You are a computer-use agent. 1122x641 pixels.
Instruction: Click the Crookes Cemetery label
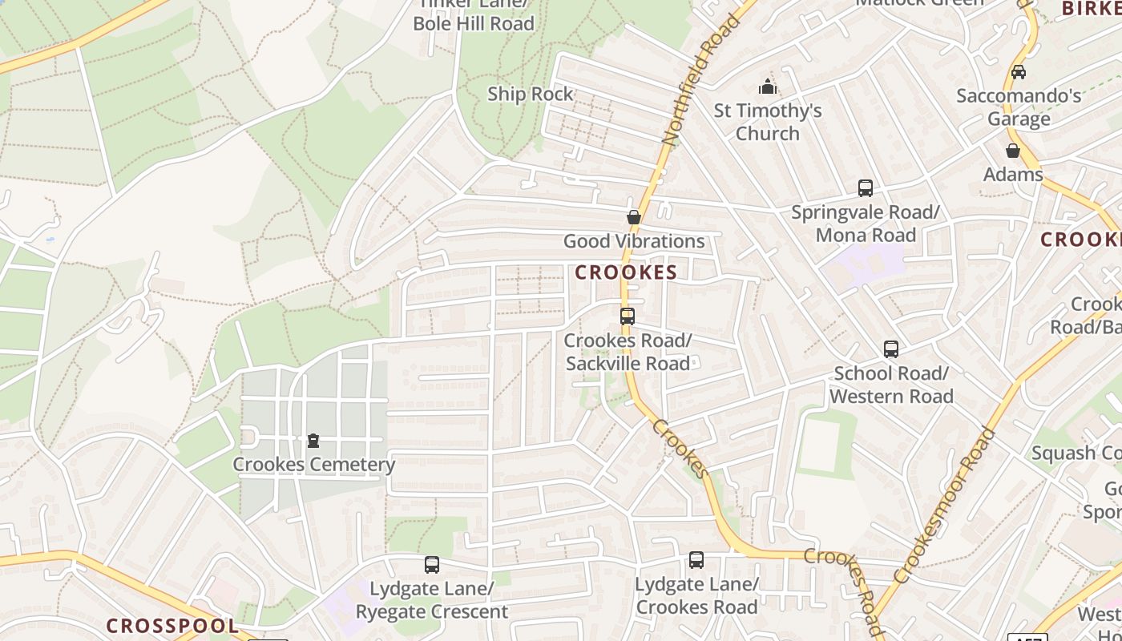pos(313,465)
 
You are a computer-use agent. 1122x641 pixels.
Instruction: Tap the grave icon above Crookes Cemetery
pos(313,441)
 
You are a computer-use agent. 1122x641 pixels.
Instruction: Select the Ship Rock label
pos(531,94)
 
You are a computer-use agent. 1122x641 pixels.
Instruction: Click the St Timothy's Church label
pos(768,122)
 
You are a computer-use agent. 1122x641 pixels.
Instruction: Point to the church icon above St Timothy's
pos(768,87)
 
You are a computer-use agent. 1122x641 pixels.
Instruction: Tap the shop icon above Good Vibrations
pos(634,217)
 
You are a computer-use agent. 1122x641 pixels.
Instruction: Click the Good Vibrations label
pos(634,241)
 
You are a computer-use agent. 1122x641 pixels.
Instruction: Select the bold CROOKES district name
pos(626,272)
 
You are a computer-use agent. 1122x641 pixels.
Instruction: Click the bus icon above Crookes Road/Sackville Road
pos(628,316)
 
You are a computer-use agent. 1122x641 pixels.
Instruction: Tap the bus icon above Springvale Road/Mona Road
pos(866,188)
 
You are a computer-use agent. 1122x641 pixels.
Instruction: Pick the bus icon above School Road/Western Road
pos(891,349)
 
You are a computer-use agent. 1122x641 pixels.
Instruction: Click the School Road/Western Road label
pos(891,385)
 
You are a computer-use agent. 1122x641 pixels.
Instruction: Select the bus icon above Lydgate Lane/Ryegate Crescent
pos(432,565)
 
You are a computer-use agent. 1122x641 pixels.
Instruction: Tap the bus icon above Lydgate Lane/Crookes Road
pos(696,560)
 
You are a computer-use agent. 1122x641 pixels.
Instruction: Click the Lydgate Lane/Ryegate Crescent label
pos(432,600)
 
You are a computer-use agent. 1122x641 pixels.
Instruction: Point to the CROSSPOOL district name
pos(172,626)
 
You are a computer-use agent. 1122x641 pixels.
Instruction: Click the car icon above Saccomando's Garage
pos(1019,72)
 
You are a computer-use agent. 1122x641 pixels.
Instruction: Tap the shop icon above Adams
pos(1013,151)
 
